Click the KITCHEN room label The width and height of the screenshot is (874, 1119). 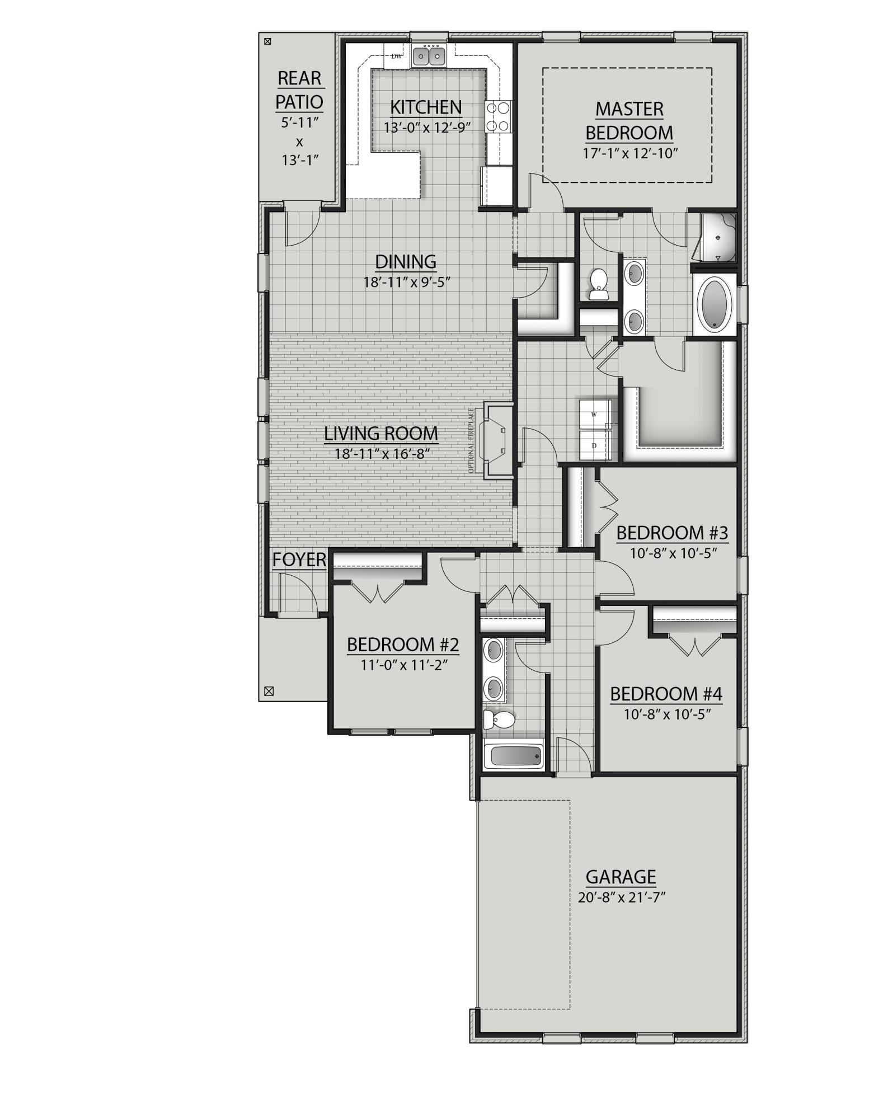click(426, 107)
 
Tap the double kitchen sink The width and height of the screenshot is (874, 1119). click(429, 56)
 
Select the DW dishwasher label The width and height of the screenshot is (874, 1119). click(396, 56)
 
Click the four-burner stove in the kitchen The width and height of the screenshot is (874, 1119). click(499, 116)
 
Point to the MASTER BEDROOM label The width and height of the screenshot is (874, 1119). click(629, 120)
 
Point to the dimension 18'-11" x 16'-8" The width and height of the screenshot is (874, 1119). click(381, 454)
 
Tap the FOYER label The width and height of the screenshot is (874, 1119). click(299, 559)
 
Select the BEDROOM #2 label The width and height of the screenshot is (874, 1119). click(403, 645)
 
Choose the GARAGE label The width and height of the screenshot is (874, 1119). click(621, 876)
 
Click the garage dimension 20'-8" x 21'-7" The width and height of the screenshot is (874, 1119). click(621, 897)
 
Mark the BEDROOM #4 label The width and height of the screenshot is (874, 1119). click(666, 694)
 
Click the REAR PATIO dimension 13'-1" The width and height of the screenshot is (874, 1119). click(299, 160)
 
